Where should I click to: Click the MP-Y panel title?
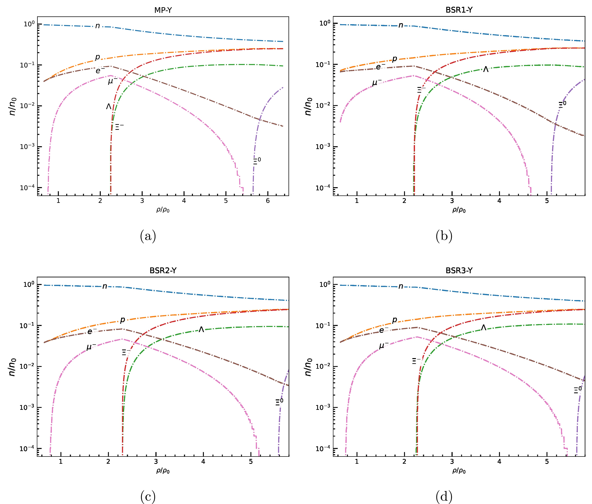[163, 10]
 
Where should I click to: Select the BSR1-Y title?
[459, 10]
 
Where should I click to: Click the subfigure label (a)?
[148, 236]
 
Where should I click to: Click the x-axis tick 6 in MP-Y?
[268, 201]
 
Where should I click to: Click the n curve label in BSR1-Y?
[401, 25]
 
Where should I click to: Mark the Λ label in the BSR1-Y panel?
[486, 69]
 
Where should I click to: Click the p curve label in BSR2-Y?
[122, 320]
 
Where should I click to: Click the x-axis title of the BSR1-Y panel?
[459, 210]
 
